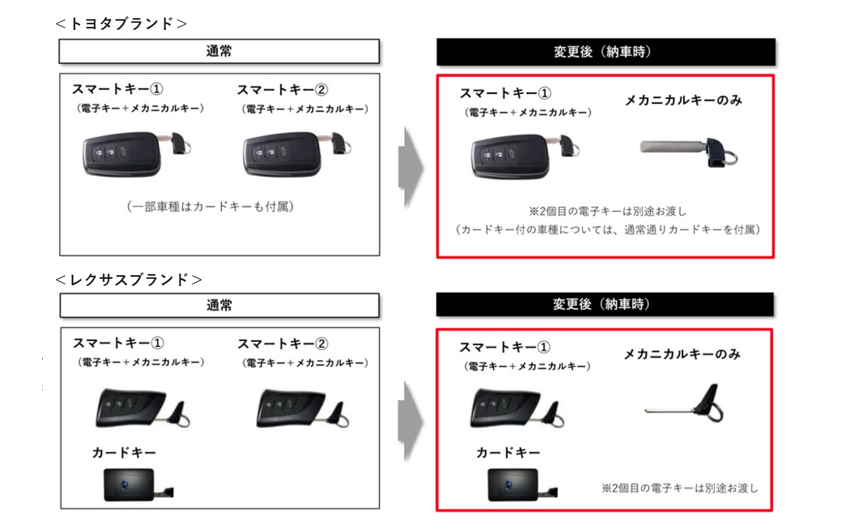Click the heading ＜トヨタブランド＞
coord(121,24)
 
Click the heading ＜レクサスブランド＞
coord(128,279)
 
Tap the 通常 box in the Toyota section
coord(219,52)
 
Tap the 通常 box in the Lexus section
coord(219,306)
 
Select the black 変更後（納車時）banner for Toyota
coord(605,52)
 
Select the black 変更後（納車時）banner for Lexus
coord(604,305)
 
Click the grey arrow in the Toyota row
coord(410,167)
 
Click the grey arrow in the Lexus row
coord(410,421)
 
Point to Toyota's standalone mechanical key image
coord(689,151)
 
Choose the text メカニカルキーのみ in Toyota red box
coord(683,100)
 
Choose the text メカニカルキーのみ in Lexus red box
coord(682,354)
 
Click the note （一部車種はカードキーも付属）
coord(210,207)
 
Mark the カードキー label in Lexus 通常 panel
coord(124,453)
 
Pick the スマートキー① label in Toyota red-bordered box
coord(505,94)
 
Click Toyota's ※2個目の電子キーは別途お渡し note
coord(608,211)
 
